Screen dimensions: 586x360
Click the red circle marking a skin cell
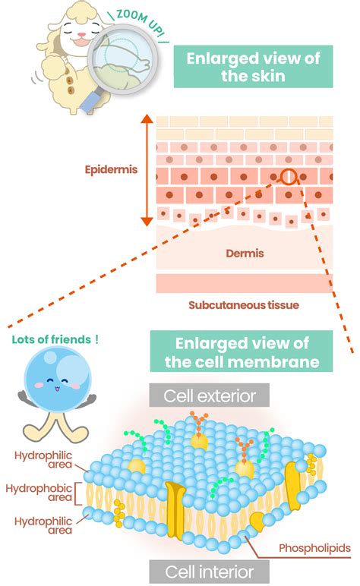(289, 177)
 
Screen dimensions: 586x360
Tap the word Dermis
(245, 254)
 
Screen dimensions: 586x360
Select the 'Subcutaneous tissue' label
(244, 305)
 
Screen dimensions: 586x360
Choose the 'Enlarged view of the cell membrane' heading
(242, 351)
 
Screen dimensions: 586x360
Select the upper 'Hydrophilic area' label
(41, 461)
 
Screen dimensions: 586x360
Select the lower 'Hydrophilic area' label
(41, 526)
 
